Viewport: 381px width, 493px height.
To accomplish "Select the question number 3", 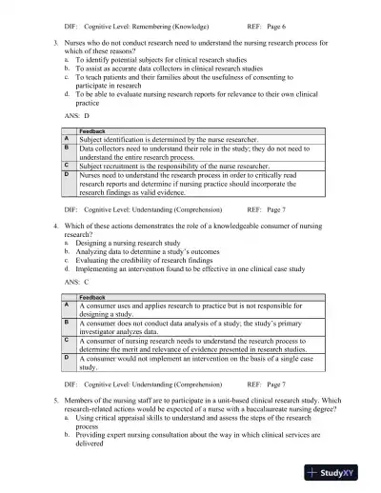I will [x=54, y=45].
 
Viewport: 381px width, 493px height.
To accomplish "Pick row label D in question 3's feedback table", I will [x=66, y=175].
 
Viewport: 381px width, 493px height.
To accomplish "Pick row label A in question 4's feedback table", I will [x=66, y=306].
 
